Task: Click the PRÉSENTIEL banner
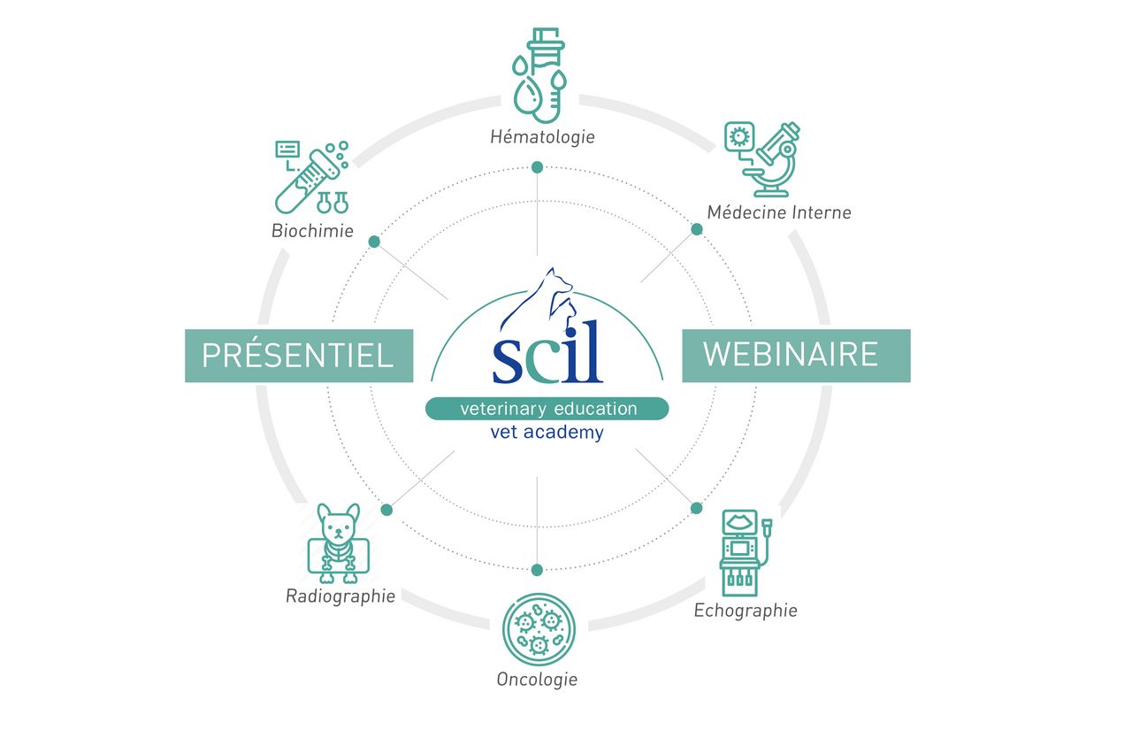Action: point(298,356)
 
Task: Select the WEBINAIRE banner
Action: point(795,355)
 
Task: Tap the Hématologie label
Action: point(543,137)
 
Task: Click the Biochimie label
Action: point(313,232)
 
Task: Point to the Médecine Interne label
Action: point(779,212)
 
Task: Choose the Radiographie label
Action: point(340,596)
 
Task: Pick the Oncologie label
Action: point(537,680)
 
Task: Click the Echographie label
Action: point(746,610)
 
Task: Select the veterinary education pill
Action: point(547,409)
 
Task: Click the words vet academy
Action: point(547,433)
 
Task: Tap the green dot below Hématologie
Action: point(537,168)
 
